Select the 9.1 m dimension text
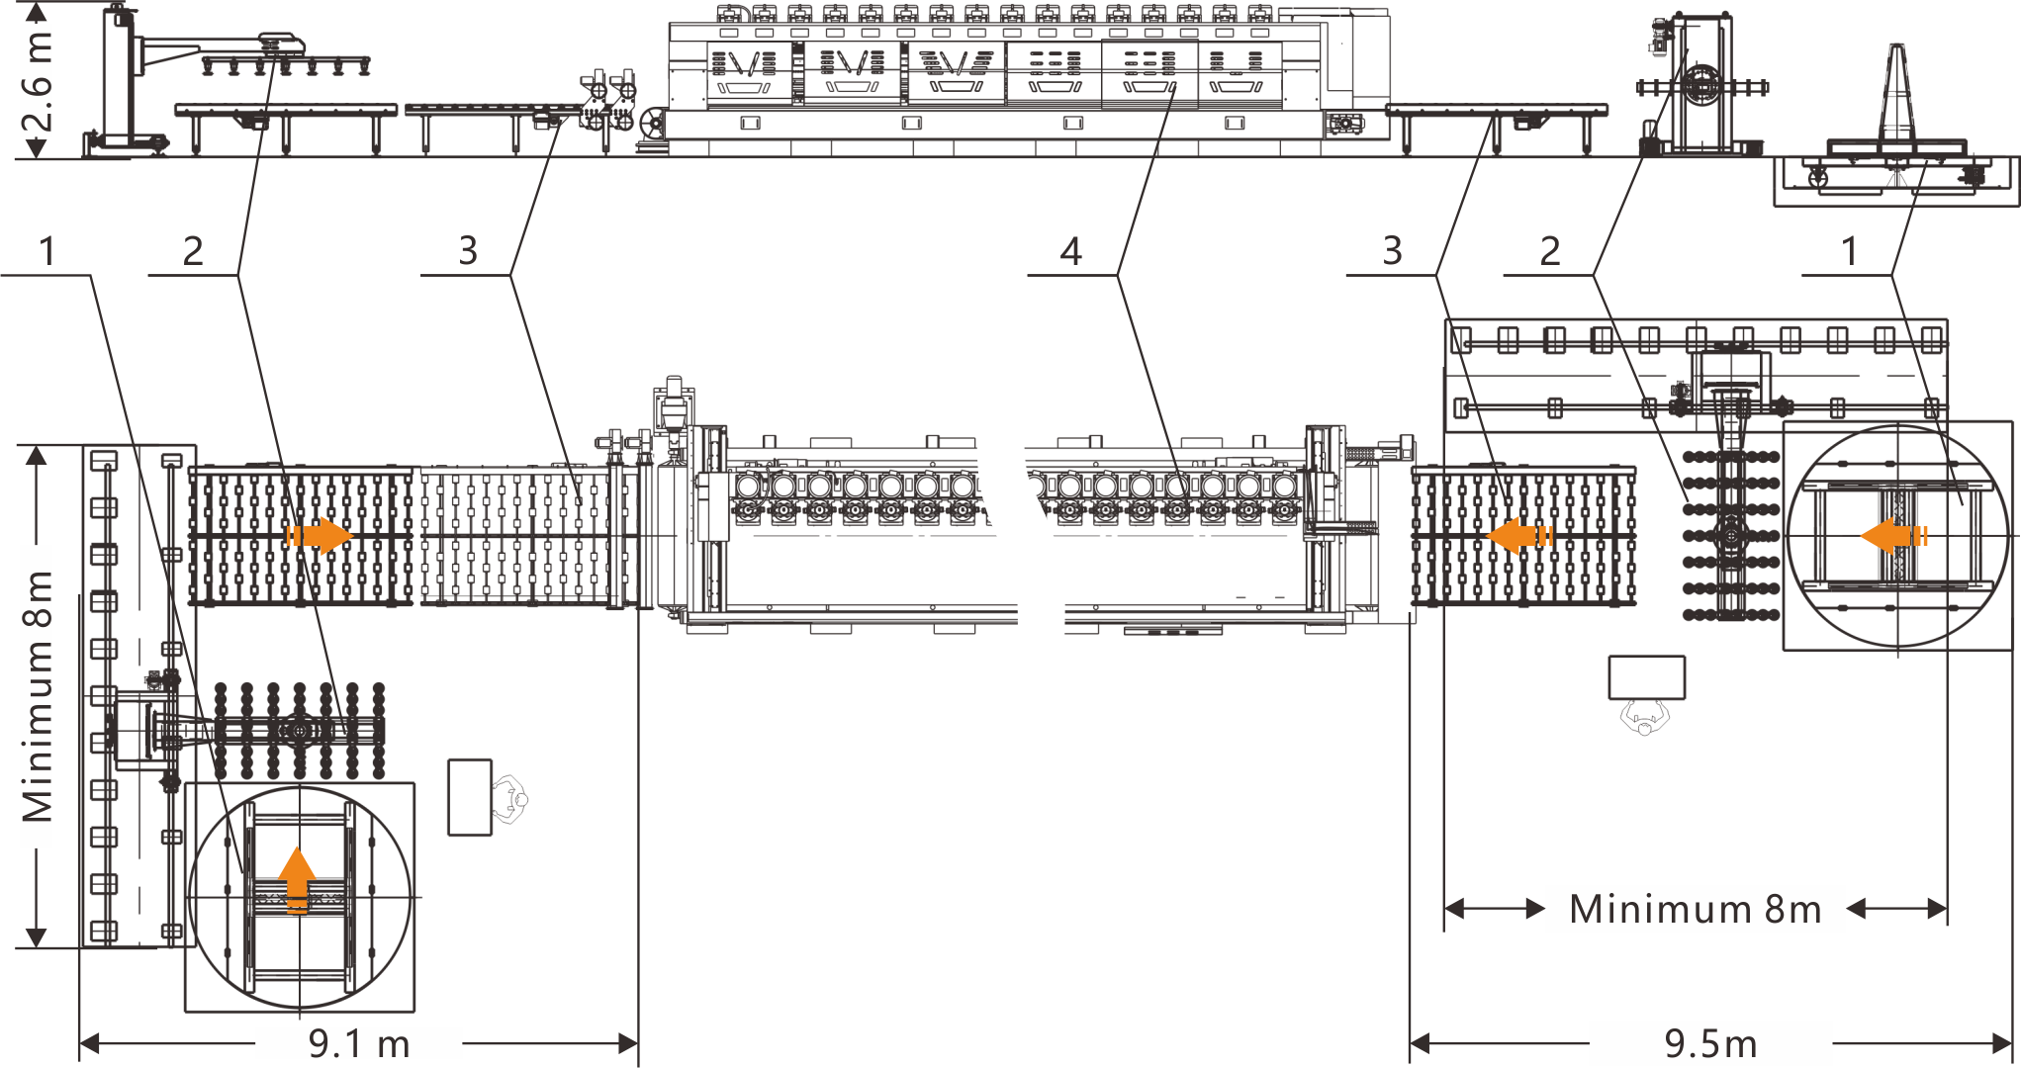click(358, 1043)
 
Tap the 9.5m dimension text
click(1710, 1043)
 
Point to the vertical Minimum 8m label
click(38, 696)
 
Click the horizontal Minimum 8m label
click(1695, 909)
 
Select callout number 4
click(1070, 252)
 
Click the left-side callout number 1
click(46, 251)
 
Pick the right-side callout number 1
click(1848, 251)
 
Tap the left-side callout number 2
click(193, 251)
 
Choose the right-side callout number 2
click(1550, 251)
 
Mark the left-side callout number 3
click(468, 251)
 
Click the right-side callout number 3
click(1392, 251)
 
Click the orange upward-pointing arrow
click(297, 878)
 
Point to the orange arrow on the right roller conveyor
click(1519, 536)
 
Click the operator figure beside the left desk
click(510, 799)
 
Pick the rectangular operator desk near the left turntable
click(470, 797)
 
